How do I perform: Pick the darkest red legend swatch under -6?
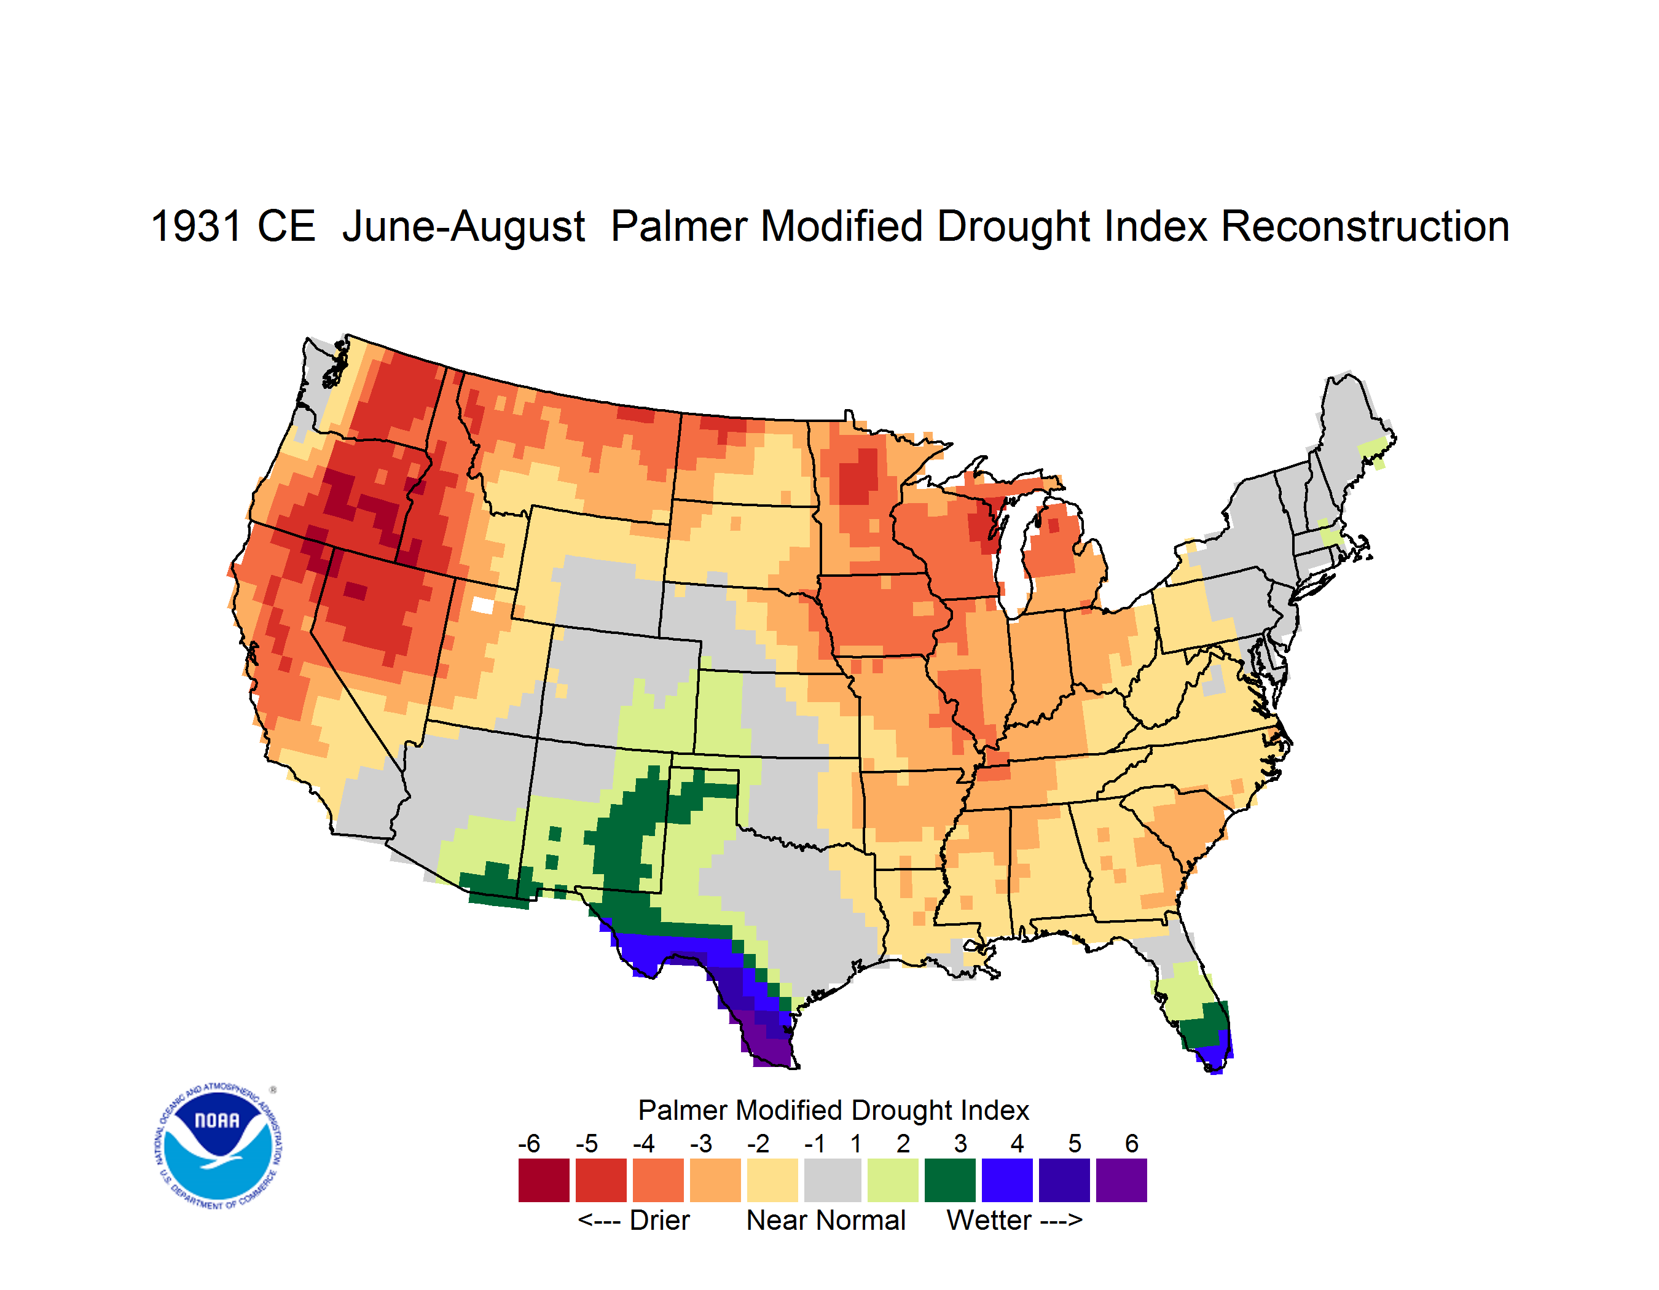click(x=544, y=1180)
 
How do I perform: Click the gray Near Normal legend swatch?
click(x=833, y=1180)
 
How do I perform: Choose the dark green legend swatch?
click(x=949, y=1180)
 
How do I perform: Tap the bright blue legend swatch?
click(x=1007, y=1180)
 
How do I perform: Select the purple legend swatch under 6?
click(x=1121, y=1180)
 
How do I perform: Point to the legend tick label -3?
click(x=701, y=1143)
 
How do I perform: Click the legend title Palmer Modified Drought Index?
click(x=833, y=1111)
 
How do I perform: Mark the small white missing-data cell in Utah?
click(x=482, y=605)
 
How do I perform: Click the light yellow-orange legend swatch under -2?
click(x=772, y=1180)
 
